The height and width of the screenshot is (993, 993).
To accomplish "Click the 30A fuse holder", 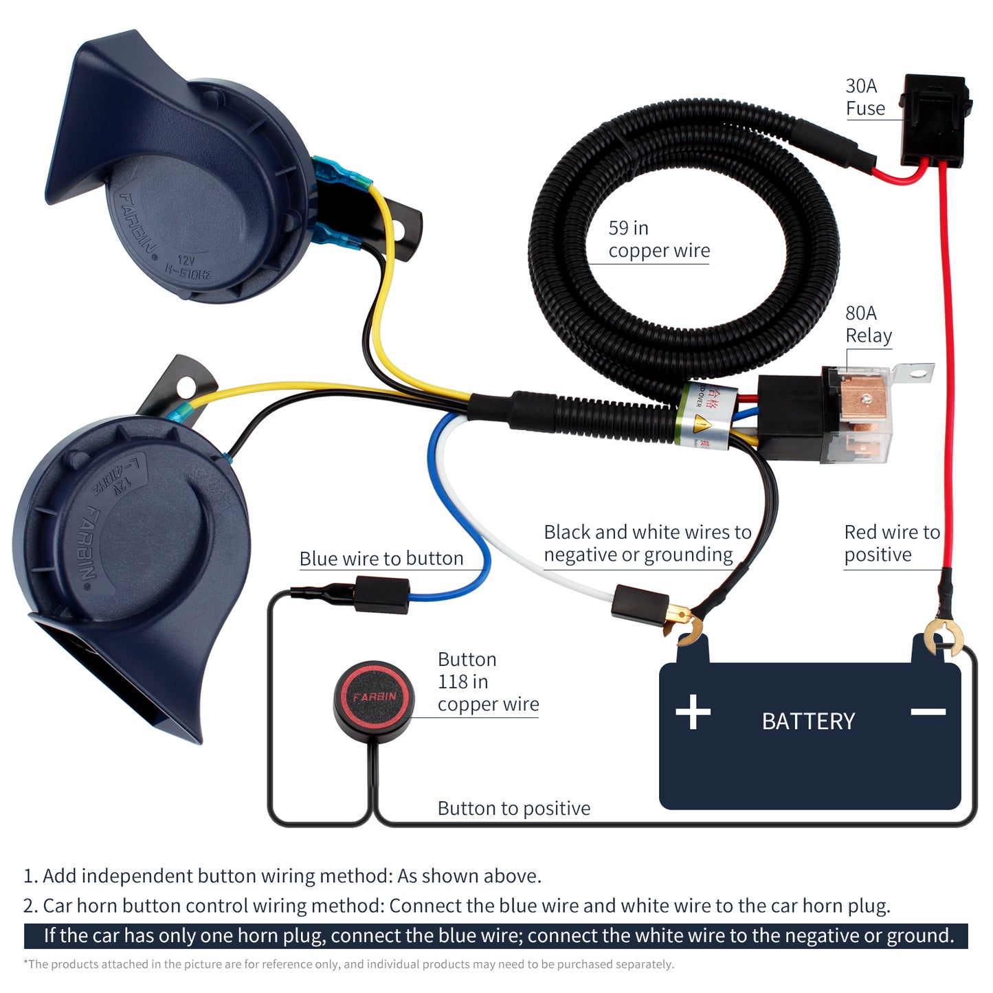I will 935,120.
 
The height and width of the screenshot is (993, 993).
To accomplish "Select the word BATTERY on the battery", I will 808,721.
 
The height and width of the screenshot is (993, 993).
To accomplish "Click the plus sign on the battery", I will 693,712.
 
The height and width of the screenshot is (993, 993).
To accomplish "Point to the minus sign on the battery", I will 928,712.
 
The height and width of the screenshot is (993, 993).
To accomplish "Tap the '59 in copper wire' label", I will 658,239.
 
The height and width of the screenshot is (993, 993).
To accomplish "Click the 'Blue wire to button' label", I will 381,558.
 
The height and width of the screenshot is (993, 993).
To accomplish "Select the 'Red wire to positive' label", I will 891,543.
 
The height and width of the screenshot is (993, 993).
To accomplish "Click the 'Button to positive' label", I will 513,808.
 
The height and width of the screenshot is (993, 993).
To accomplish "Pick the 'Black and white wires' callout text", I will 647,543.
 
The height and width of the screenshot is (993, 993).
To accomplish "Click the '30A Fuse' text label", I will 864,97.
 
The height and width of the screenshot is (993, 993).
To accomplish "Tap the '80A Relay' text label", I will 868,324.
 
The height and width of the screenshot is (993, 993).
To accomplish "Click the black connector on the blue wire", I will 382,594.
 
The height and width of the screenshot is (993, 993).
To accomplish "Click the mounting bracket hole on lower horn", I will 185,388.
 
